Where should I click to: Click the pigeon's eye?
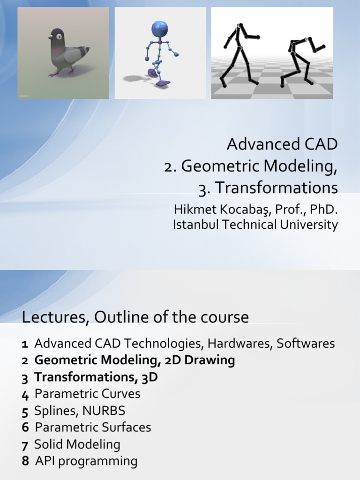click(x=60, y=36)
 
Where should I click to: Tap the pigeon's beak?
click(x=50, y=37)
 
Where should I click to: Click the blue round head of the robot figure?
click(x=159, y=29)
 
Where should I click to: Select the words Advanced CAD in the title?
click(x=282, y=144)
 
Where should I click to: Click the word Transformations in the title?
click(x=274, y=188)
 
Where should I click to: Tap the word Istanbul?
click(x=196, y=225)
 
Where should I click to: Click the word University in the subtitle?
click(x=309, y=225)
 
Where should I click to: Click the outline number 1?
click(x=25, y=344)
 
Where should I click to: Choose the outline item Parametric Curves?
click(x=87, y=394)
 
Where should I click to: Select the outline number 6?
click(x=25, y=427)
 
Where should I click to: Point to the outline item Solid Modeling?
click(x=77, y=444)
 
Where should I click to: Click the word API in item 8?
click(x=46, y=461)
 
